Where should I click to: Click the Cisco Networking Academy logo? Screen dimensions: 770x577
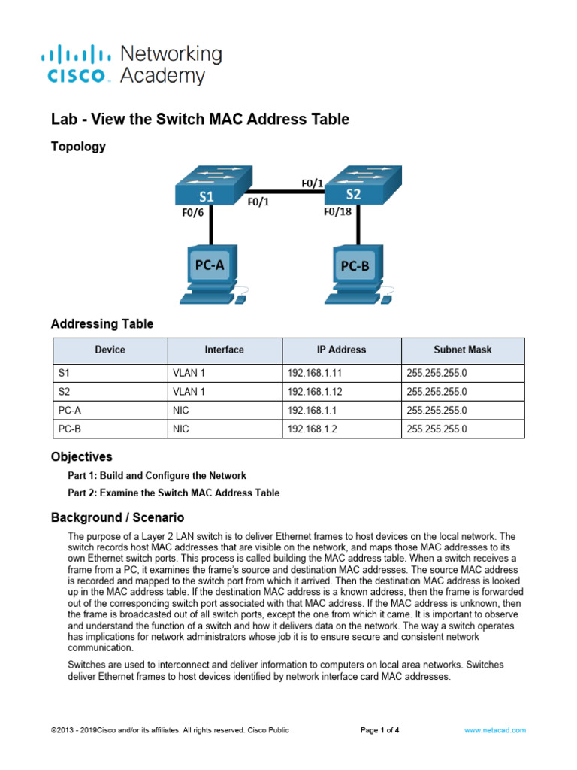point(131,65)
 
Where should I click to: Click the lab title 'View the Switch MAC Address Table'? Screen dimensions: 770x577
point(200,119)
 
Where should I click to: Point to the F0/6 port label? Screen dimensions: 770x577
point(194,213)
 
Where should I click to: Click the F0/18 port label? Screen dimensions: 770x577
point(337,212)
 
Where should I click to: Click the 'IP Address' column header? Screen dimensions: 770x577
point(341,350)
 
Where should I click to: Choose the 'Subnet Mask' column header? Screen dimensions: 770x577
point(462,350)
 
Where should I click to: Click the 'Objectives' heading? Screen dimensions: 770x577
point(81,456)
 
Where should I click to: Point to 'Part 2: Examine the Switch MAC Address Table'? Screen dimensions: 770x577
point(174,493)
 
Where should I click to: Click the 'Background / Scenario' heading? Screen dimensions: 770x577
point(117,517)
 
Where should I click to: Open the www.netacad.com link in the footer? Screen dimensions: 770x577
point(494,729)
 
